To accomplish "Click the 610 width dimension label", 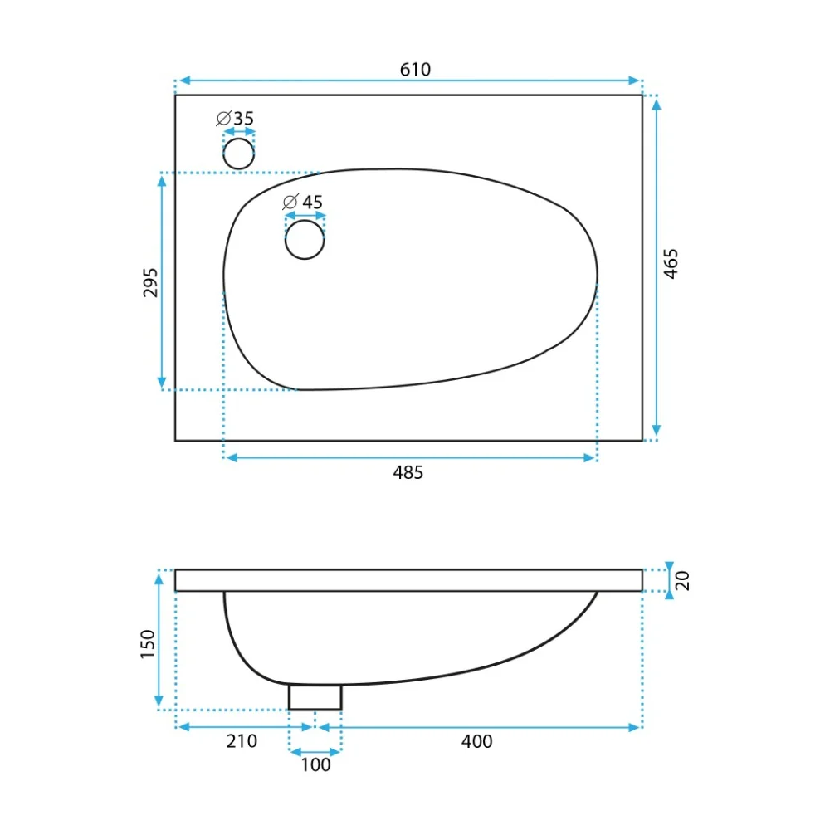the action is click(x=415, y=70).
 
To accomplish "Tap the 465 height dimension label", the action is click(x=671, y=264).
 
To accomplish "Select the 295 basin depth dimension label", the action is click(x=150, y=283).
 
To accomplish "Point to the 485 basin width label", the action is click(x=408, y=472).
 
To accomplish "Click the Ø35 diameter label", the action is click(x=235, y=118).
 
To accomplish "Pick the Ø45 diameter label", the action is click(x=303, y=202).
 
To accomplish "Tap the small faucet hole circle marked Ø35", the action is click(x=239, y=154).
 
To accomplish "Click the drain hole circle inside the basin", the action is click(x=305, y=240).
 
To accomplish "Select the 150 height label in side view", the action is click(x=147, y=644).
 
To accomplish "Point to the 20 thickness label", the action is click(x=682, y=581).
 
